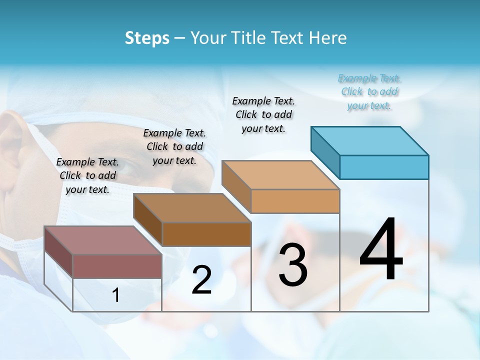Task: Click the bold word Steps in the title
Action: tap(147, 38)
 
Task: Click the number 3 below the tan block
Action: tap(293, 265)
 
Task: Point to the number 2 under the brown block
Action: tap(202, 280)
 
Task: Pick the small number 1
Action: tap(116, 295)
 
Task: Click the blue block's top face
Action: tap(370, 140)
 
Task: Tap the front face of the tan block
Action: tap(295, 201)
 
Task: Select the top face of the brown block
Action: tap(192, 207)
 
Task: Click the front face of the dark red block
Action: tap(117, 265)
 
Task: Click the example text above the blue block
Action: tap(369, 92)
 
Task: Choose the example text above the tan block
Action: tap(263, 114)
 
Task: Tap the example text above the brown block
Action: tap(174, 146)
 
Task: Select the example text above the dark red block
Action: tap(87, 175)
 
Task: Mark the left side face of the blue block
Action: tap(325, 151)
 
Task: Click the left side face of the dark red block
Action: tap(58, 251)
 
